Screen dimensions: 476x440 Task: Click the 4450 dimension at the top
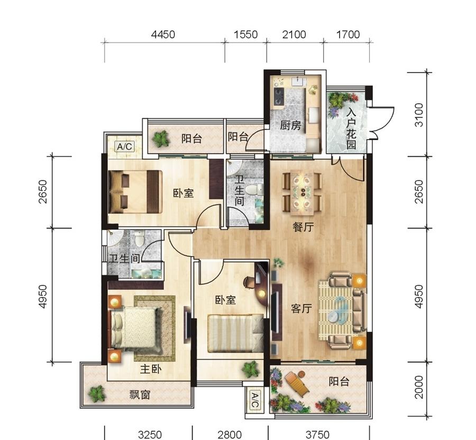(x=163, y=34)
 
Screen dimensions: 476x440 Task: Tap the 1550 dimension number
(x=245, y=34)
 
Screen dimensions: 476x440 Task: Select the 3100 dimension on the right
(x=419, y=115)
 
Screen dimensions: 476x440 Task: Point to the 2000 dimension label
(x=419, y=387)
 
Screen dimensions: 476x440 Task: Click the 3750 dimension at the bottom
(x=317, y=435)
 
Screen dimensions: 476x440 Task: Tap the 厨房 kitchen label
(x=290, y=125)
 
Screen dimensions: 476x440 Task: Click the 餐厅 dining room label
(x=303, y=227)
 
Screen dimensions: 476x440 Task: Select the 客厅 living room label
(x=301, y=309)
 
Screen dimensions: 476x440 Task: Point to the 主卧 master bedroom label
(x=151, y=369)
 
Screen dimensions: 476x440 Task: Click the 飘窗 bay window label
(x=140, y=395)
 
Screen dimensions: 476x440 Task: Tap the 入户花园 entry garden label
(x=351, y=129)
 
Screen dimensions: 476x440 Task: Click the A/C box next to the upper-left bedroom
(x=125, y=147)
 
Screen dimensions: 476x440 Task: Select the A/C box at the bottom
(x=254, y=400)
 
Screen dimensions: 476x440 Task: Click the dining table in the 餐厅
(x=303, y=192)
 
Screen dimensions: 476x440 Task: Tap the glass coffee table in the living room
(x=337, y=309)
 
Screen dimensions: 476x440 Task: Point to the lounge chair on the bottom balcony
(x=297, y=383)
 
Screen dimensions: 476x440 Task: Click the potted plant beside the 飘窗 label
(x=97, y=394)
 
